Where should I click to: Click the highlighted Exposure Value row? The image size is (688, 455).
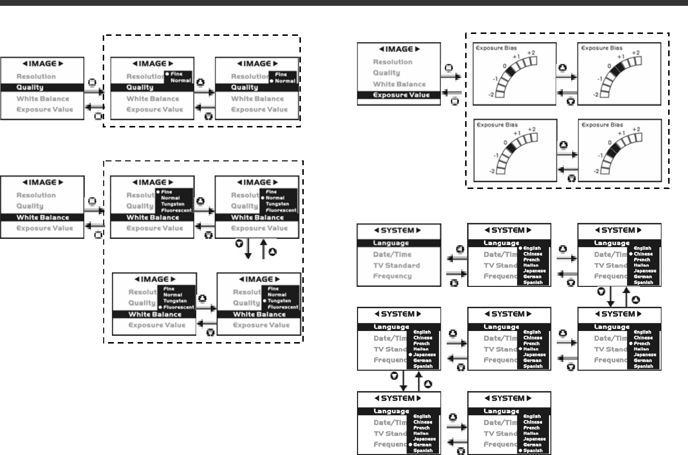pyautogui.click(x=401, y=95)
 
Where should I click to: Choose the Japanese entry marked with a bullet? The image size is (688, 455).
pyautogui.click(x=424, y=355)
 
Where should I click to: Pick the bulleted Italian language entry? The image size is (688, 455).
pyautogui.click(x=532, y=349)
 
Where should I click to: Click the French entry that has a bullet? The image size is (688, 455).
pyautogui.click(x=642, y=344)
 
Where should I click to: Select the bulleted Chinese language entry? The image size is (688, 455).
pyautogui.click(x=643, y=254)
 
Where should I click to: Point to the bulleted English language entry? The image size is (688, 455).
pyautogui.click(x=532, y=248)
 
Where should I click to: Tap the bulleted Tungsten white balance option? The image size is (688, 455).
pyautogui.click(x=280, y=301)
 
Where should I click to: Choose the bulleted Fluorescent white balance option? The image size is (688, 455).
pyautogui.click(x=178, y=307)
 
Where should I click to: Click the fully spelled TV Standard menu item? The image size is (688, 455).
pyautogui.click(x=396, y=266)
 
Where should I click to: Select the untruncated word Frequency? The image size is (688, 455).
pyautogui.click(x=392, y=276)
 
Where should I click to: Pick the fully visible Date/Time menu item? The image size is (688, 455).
pyautogui.click(x=392, y=254)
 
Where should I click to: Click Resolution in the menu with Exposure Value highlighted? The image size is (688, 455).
pyautogui.click(x=392, y=62)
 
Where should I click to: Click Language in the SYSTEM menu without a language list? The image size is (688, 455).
pyautogui.click(x=391, y=243)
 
